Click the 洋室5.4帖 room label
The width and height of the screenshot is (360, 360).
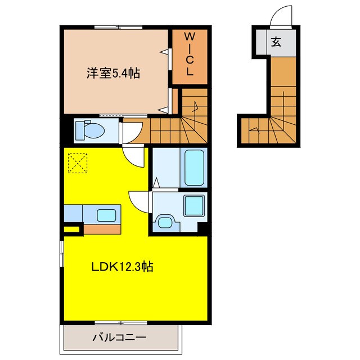pyautogui.click(x=113, y=73)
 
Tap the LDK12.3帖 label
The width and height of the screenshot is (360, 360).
pyautogui.click(x=122, y=267)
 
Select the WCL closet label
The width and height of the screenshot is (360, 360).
pyautogui.click(x=190, y=55)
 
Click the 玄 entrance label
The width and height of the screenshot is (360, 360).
pyautogui.click(x=276, y=42)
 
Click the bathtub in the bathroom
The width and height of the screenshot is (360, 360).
pyautogui.click(x=195, y=166)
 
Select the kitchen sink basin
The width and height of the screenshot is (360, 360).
pyautogui.click(x=106, y=214)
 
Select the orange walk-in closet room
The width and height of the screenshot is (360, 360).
pyautogui.click(x=190, y=56)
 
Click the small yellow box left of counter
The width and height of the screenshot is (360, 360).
pyautogui.click(x=71, y=229)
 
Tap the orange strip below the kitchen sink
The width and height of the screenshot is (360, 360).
pyautogui.click(x=101, y=229)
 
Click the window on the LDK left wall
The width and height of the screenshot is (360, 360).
pyautogui.click(x=61, y=251)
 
